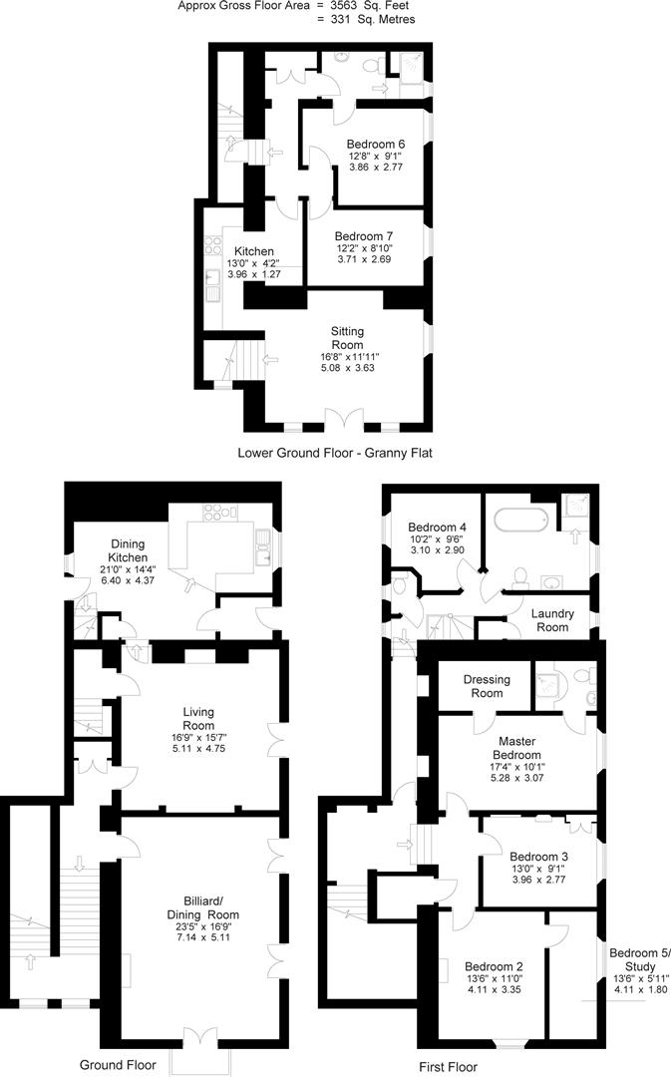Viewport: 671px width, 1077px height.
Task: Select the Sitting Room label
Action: [347, 337]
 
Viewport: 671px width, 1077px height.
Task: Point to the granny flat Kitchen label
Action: [253, 250]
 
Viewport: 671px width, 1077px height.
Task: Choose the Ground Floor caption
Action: [118, 1065]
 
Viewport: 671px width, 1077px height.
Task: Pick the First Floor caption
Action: [448, 1067]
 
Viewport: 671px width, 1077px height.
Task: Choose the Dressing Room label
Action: [487, 686]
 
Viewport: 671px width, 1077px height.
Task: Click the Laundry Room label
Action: [550, 620]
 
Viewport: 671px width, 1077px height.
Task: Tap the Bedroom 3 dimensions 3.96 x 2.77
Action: [538, 881]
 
